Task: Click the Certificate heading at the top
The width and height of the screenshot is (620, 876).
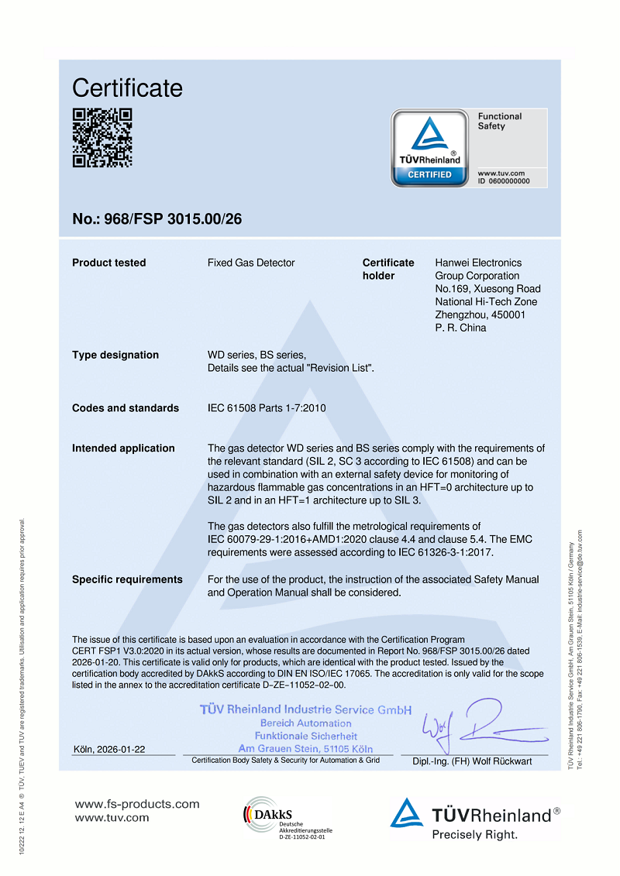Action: tap(127, 88)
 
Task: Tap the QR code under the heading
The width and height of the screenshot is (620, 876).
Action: tap(102, 137)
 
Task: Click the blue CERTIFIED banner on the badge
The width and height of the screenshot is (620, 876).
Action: tap(429, 175)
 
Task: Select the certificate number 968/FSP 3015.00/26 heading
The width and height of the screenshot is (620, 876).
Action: tap(157, 219)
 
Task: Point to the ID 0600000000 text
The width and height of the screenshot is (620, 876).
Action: tap(504, 180)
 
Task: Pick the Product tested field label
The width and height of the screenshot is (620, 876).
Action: tap(108, 263)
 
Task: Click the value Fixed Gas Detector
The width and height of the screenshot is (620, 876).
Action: tap(251, 263)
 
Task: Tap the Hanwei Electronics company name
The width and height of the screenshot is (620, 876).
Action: tap(478, 263)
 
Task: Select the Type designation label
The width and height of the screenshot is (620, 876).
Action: tap(115, 355)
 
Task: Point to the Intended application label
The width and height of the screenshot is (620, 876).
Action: tap(123, 448)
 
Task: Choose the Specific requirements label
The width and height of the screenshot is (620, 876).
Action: tap(127, 579)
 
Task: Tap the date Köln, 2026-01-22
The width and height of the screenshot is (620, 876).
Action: tap(108, 749)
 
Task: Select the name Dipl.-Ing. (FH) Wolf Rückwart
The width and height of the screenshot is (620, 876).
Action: tap(472, 761)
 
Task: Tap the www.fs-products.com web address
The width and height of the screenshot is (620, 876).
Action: tap(137, 804)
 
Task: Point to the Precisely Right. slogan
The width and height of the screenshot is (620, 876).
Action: tap(474, 834)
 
